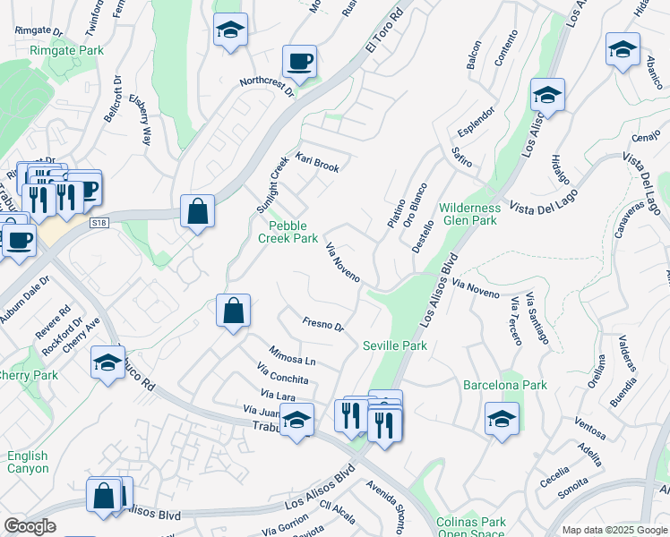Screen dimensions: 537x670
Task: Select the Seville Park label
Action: point(394,345)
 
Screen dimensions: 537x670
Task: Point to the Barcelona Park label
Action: point(504,386)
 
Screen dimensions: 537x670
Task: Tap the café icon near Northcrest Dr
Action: point(299,63)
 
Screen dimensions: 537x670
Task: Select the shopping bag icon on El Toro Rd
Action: point(197,212)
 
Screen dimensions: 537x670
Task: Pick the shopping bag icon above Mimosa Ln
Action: point(233,311)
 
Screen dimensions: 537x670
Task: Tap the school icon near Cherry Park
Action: point(107,363)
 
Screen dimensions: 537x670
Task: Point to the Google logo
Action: point(30,526)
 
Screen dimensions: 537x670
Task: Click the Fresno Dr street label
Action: point(323,325)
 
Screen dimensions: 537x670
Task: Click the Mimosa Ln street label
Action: point(293,356)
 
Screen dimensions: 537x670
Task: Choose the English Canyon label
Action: point(28,462)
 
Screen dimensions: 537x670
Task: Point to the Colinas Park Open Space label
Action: point(470,528)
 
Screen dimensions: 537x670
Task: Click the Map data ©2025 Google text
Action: point(614,530)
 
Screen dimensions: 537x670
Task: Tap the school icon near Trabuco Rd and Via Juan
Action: point(296,418)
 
